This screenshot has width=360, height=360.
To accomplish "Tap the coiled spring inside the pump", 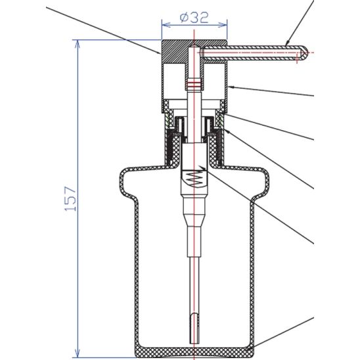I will pos(195,177).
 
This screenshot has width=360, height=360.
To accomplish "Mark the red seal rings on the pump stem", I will pos(194,84).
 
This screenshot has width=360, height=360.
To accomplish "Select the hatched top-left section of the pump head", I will pos(174,50).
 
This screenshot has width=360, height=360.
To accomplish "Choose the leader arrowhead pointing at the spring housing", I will pos(205,169).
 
